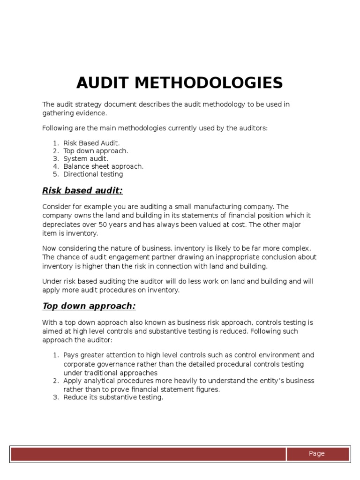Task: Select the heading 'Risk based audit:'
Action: [82, 190]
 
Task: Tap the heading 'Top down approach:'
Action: [89, 306]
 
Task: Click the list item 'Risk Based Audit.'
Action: [92, 143]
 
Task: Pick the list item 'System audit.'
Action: [86, 158]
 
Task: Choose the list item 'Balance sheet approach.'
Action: [104, 166]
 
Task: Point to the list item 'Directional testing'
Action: [93, 174]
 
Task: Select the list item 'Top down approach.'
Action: [96, 151]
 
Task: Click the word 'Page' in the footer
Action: [316, 453]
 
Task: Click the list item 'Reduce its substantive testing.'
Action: [113, 397]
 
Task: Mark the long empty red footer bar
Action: [148, 454]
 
